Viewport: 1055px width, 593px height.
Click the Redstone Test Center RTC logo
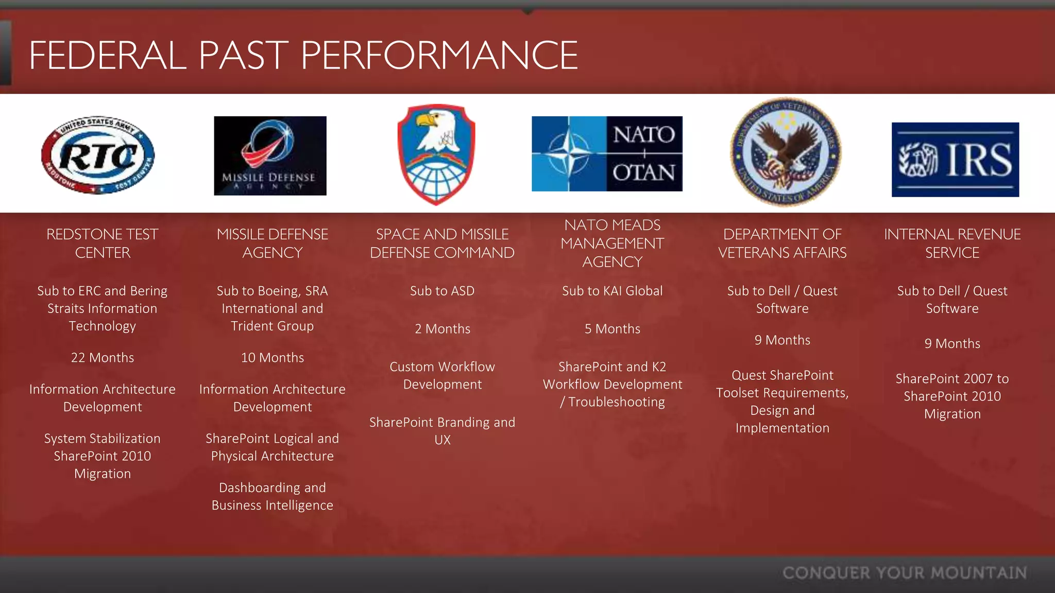(x=98, y=155)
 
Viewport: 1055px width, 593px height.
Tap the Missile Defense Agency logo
(x=270, y=155)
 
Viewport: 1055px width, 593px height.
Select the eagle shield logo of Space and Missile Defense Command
(x=436, y=154)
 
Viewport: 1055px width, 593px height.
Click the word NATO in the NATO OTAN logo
(x=644, y=134)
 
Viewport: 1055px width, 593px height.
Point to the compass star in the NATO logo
(x=569, y=154)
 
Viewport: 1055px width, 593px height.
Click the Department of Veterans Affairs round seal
(x=785, y=152)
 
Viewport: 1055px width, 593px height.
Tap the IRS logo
(x=955, y=160)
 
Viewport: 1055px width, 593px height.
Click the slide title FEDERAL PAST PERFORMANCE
(x=303, y=55)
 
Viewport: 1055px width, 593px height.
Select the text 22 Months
(x=103, y=358)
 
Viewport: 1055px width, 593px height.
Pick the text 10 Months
(x=273, y=358)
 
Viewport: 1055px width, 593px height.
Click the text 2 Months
(x=443, y=329)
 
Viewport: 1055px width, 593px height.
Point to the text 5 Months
(x=612, y=329)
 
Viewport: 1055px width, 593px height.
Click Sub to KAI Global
(x=612, y=291)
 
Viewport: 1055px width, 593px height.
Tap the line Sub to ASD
(x=442, y=291)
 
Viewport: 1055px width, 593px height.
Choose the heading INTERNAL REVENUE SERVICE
(x=952, y=243)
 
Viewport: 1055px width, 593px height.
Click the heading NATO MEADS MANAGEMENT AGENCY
(x=612, y=243)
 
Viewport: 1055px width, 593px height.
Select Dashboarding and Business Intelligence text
(x=273, y=496)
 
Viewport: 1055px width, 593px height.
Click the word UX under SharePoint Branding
(x=443, y=440)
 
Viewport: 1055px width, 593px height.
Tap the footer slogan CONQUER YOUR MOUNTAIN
(x=905, y=573)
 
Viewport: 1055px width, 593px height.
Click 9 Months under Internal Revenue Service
(x=952, y=344)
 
